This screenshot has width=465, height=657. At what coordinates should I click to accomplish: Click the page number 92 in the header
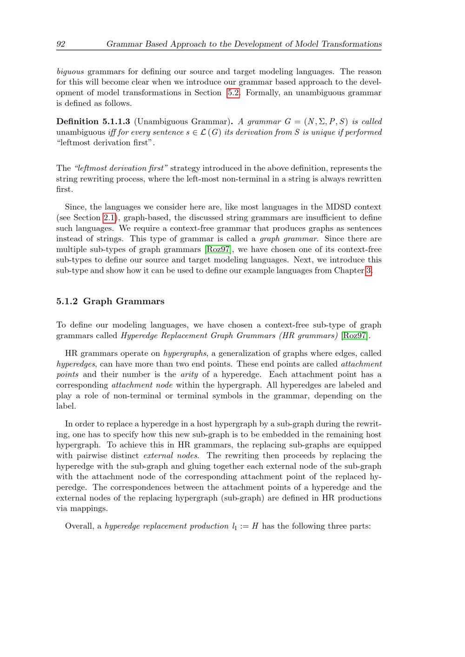pos(61,44)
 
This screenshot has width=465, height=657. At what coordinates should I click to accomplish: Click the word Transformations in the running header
pos(351,44)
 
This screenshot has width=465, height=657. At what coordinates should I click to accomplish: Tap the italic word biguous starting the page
pos(70,72)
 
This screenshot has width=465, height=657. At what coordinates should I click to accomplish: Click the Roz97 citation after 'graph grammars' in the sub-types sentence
pos(218,250)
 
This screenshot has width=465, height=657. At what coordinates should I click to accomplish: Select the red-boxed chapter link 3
pos(369,271)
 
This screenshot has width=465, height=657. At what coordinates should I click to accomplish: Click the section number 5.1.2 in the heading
pos(67,302)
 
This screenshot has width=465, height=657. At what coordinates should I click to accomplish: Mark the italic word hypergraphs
pos(185,354)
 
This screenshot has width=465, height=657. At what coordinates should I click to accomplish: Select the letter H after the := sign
pos(255,526)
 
